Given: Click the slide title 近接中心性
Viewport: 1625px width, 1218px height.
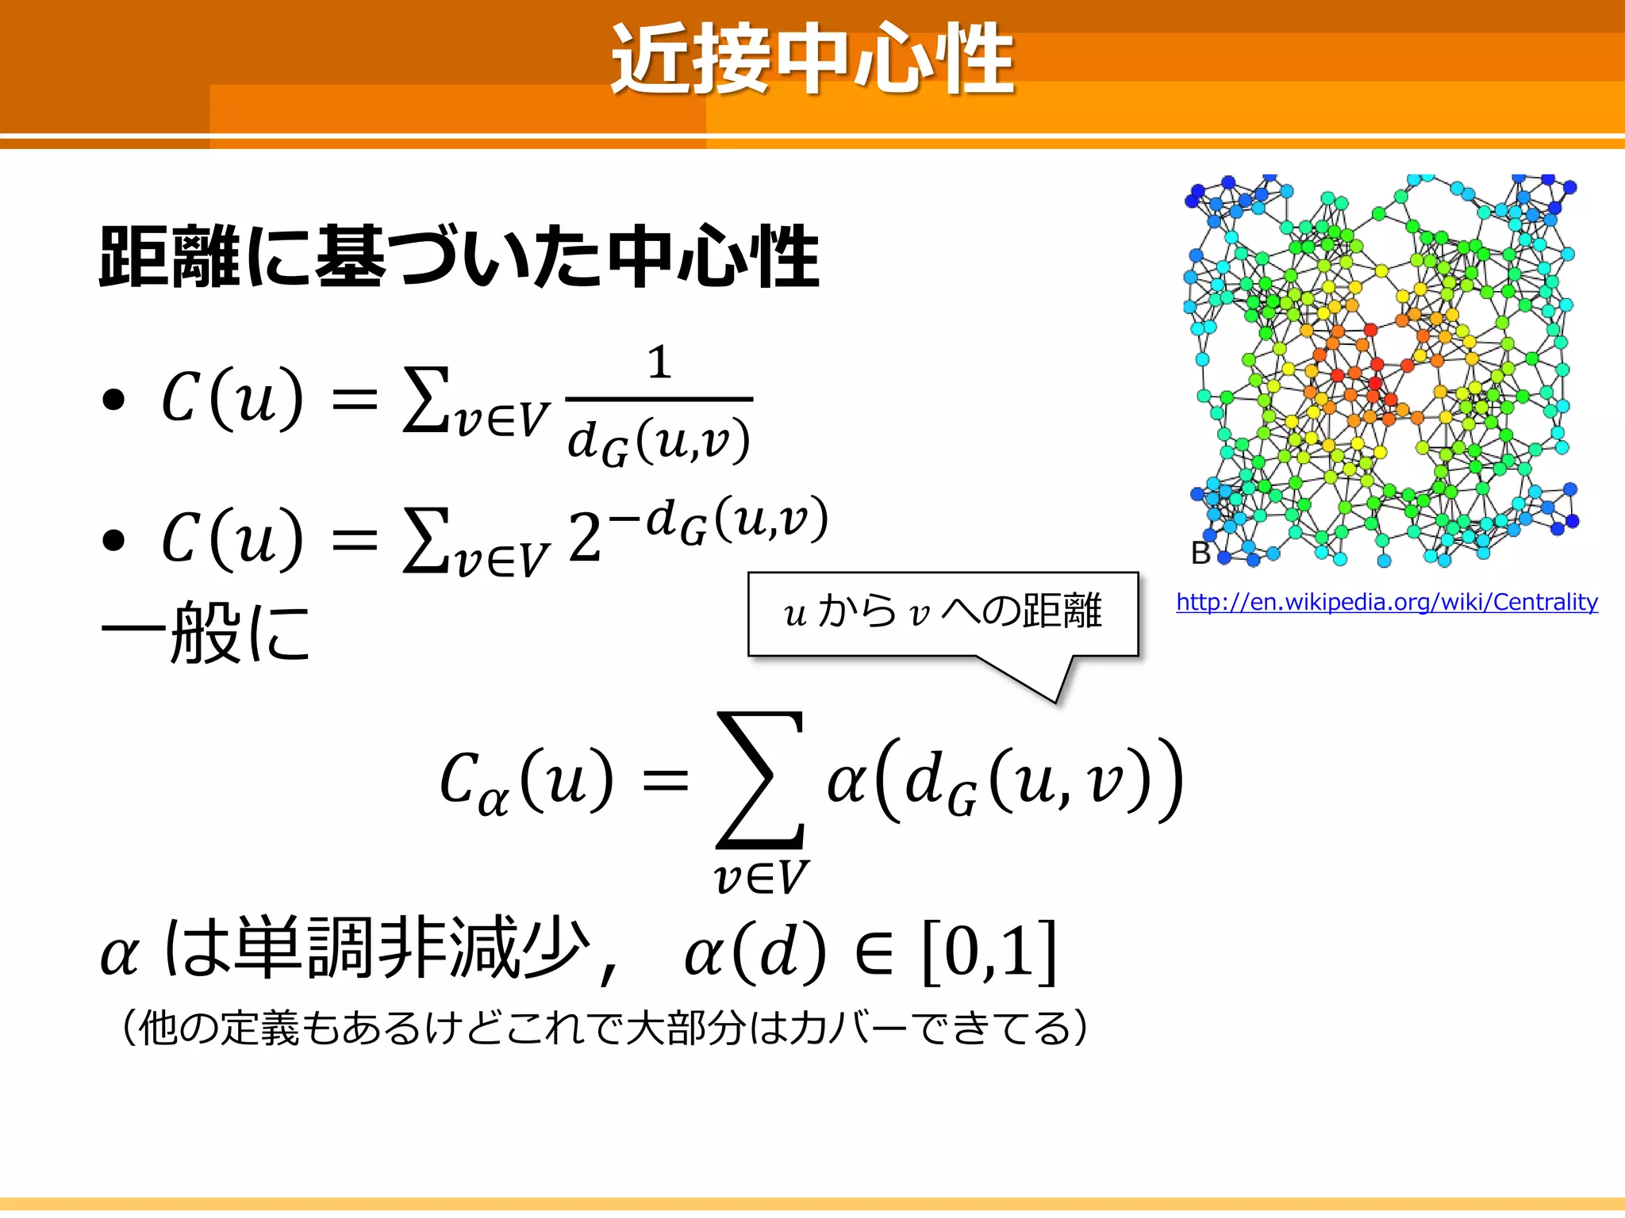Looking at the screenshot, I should coord(812,59).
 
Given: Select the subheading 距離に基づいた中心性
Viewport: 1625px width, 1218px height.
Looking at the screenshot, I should coord(459,257).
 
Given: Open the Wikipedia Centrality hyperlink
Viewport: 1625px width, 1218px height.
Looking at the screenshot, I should coord(1386,602).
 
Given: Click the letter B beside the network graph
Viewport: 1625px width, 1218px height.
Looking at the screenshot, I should coord(1201,553).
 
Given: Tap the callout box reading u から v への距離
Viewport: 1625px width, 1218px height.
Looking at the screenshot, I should coord(943,613).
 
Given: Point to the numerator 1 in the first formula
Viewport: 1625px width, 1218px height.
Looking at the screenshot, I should coord(659,363).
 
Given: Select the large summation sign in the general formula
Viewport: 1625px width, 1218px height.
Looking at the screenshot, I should coord(760,780).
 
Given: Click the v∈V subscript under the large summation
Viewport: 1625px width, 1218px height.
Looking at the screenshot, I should coord(760,878).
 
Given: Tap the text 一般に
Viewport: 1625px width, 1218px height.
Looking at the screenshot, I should coord(206,632).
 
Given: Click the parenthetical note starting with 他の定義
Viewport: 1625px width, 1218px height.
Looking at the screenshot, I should coord(603,1028).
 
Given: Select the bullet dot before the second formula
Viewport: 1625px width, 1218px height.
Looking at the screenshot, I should coord(114,540).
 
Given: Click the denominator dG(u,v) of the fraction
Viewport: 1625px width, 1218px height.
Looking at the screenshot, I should coord(659,441).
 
